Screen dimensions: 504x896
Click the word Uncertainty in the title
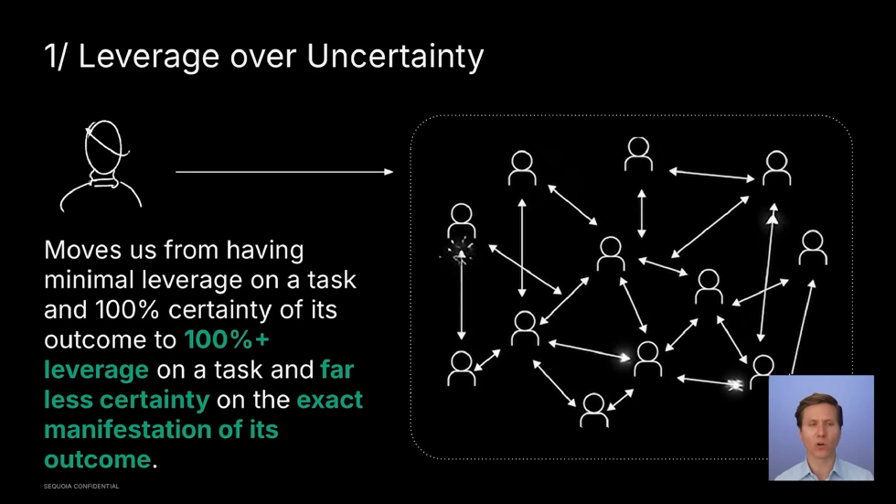coord(395,57)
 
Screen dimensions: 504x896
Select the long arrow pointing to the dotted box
coord(284,172)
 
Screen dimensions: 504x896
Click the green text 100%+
coord(219,340)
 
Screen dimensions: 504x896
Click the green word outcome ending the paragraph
coord(97,458)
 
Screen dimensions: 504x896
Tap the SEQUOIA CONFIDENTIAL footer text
coord(81,487)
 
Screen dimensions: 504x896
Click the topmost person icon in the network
coord(638,154)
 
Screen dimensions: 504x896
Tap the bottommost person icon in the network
coord(594,409)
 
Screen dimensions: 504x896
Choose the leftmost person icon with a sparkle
coord(462,222)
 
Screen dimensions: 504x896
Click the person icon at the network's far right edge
coord(812,247)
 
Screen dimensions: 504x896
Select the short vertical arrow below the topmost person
coord(641,213)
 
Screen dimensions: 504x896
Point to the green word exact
coord(329,400)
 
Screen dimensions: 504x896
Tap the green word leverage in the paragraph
coord(96,370)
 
